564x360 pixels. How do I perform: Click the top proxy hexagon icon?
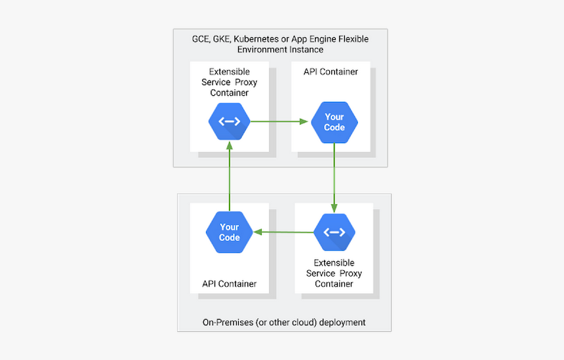pos(230,121)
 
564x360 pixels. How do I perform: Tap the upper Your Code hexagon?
pos(334,122)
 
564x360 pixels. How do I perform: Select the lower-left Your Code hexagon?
pos(230,232)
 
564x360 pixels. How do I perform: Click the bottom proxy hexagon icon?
pos(334,232)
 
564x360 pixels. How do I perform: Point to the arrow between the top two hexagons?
pos(279,121)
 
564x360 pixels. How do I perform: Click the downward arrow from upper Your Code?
pos(334,177)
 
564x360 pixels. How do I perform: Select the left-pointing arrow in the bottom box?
pos(283,232)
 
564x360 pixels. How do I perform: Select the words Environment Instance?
pos(281,50)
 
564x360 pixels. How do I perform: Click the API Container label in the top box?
pos(331,71)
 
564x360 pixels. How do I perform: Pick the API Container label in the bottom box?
pos(230,284)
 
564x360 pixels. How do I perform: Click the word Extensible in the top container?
pos(230,71)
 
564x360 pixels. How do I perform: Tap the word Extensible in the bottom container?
pos(334,263)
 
